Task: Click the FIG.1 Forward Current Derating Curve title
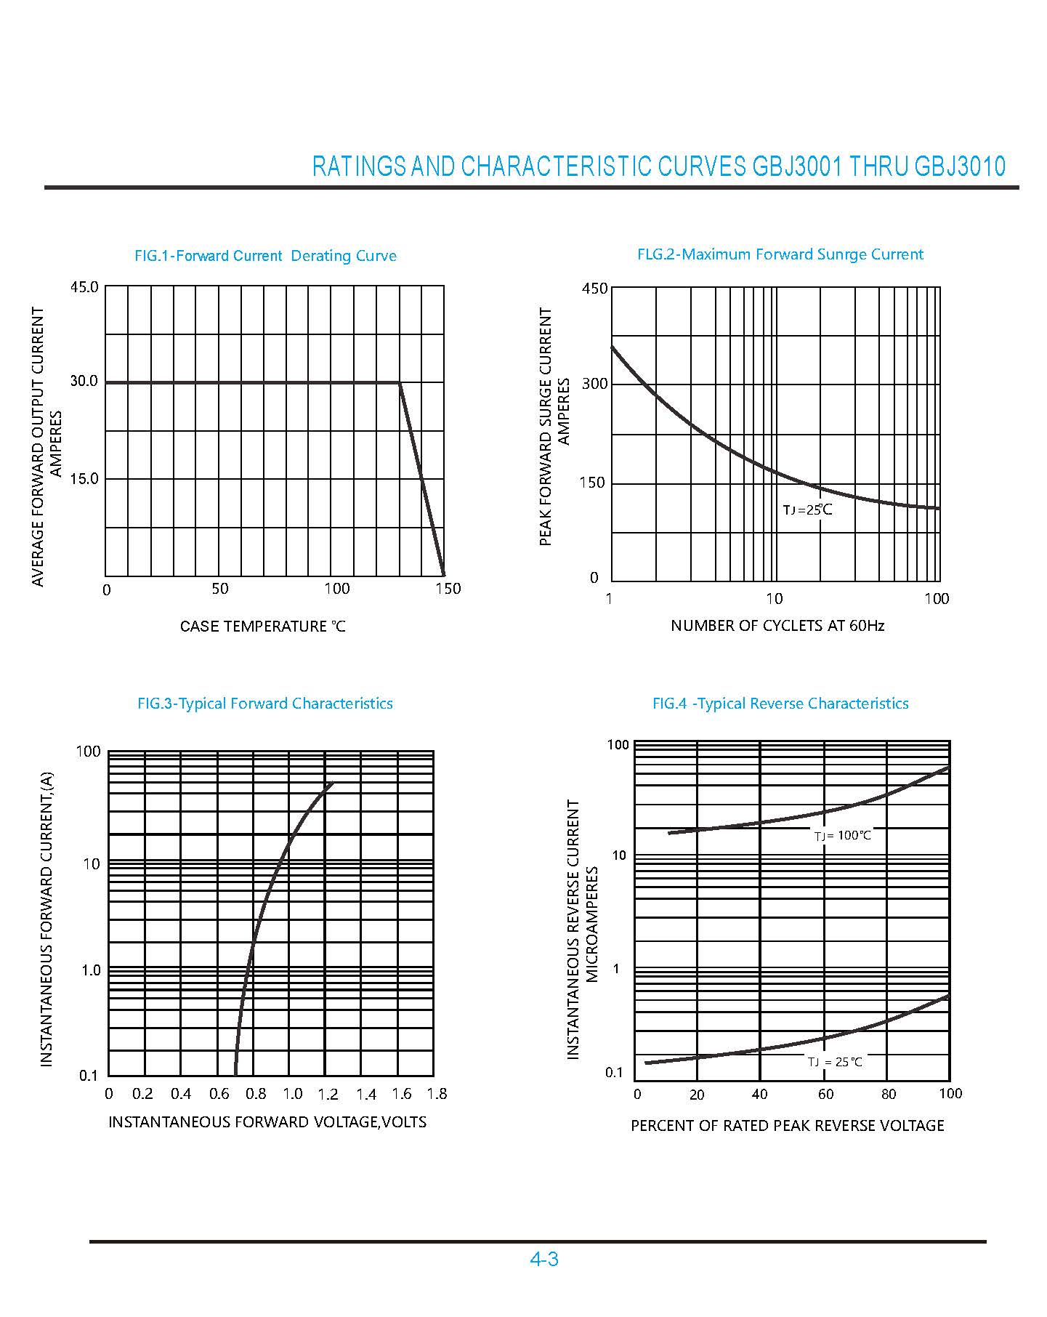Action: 265,256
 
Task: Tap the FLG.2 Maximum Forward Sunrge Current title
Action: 780,254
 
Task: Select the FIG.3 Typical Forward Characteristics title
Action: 264,704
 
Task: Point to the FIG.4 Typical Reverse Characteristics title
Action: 780,704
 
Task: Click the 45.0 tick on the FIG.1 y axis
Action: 84,287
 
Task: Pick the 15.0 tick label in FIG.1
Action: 84,479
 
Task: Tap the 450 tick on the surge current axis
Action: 594,289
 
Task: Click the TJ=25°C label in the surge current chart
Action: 807,510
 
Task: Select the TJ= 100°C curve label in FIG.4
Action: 842,836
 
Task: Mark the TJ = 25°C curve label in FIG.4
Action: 835,1062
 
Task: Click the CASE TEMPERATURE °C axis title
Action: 262,627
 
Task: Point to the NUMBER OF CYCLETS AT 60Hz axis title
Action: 777,626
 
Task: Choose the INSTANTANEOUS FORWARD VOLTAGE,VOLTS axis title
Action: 267,1122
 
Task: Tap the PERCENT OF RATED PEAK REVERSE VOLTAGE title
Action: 787,1126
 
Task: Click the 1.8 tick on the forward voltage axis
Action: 437,1094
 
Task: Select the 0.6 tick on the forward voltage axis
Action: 219,1094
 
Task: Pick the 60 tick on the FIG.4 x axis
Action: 825,1095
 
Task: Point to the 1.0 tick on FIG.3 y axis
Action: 90,971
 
